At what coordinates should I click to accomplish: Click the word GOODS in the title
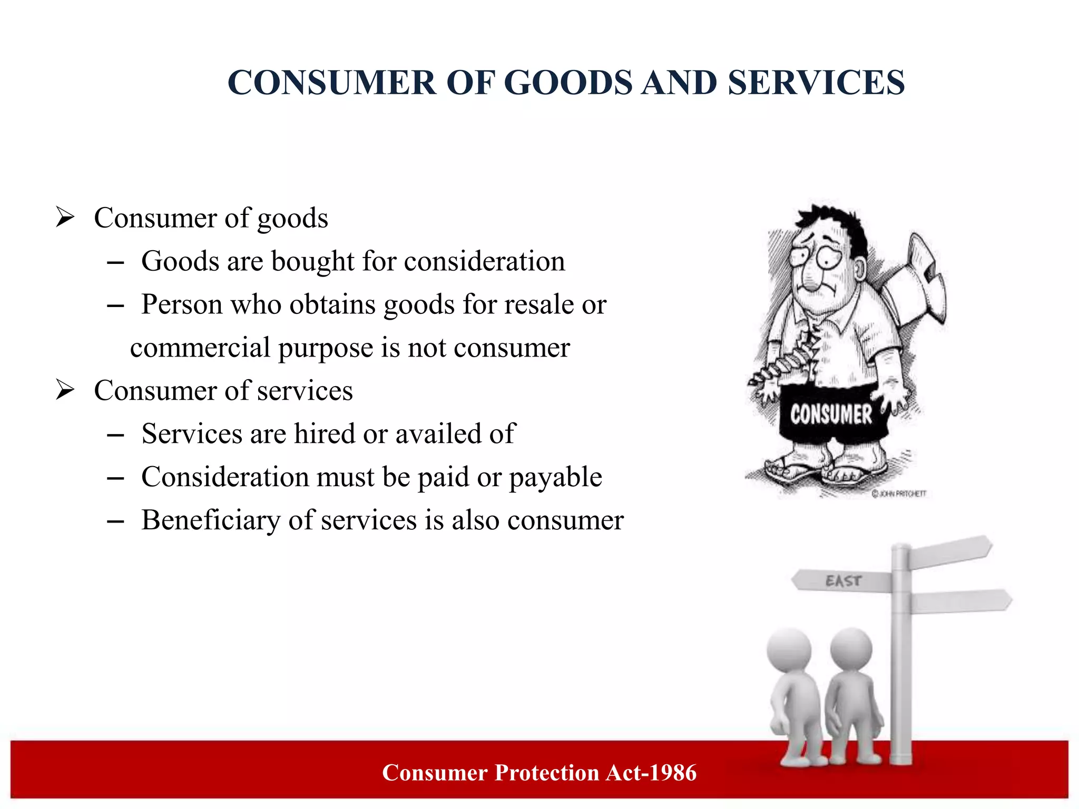click(x=568, y=83)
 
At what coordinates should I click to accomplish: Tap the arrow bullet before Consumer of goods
click(x=65, y=217)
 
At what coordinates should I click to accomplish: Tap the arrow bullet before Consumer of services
click(x=65, y=390)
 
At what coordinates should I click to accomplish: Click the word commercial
click(x=200, y=348)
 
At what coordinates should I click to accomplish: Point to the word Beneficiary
click(x=211, y=520)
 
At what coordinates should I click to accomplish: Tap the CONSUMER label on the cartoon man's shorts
click(x=831, y=415)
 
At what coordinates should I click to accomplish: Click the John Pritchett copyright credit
click(x=899, y=494)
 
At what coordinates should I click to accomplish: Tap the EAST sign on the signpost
click(x=843, y=581)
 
